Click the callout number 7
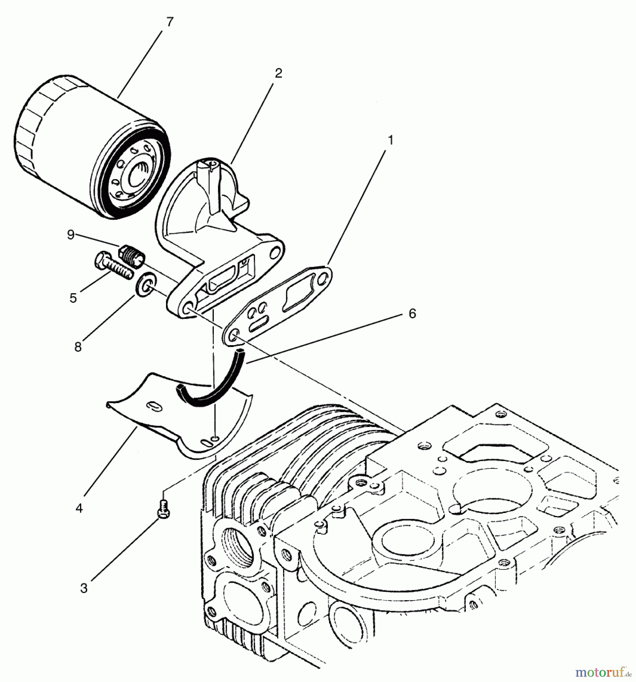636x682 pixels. [x=169, y=22]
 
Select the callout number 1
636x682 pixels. [x=390, y=140]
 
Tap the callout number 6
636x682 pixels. [x=412, y=313]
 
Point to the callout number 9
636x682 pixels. [x=71, y=235]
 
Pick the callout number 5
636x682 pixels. [x=73, y=298]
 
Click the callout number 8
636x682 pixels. [x=78, y=346]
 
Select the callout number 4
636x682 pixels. [x=79, y=508]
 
